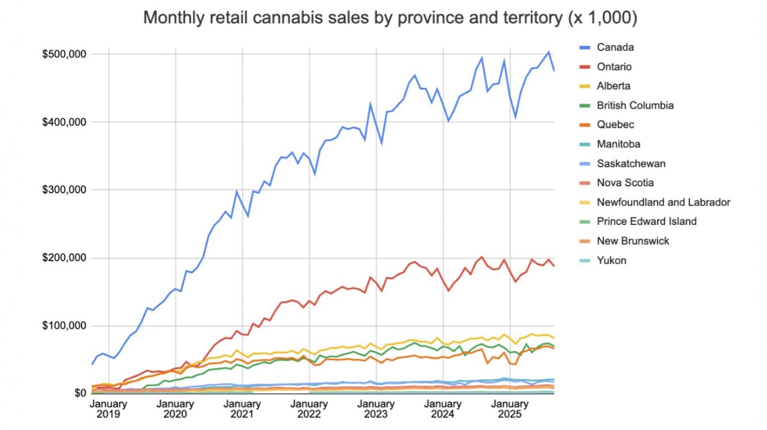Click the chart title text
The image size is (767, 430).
click(390, 18)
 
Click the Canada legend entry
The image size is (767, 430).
click(615, 47)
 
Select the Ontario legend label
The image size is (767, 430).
click(614, 67)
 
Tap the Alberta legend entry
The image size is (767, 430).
click(613, 86)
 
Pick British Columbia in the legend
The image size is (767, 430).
click(635, 105)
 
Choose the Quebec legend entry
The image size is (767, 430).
click(615, 125)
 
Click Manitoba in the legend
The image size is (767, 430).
click(618, 144)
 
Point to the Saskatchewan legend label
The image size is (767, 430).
click(630, 164)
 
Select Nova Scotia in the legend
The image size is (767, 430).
click(625, 183)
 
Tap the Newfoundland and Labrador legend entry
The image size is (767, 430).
click(663, 202)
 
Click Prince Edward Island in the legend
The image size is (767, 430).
click(646, 222)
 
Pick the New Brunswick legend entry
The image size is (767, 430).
click(633, 241)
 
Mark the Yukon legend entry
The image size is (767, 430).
click(611, 260)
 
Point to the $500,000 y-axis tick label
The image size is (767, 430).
click(64, 54)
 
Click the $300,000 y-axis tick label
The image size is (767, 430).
click(64, 189)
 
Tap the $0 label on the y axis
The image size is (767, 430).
click(80, 393)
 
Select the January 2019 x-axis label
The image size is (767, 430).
click(108, 409)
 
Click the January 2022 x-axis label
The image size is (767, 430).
click(309, 409)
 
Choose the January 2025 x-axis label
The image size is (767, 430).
click(510, 409)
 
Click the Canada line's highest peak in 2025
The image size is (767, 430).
click(549, 52)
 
